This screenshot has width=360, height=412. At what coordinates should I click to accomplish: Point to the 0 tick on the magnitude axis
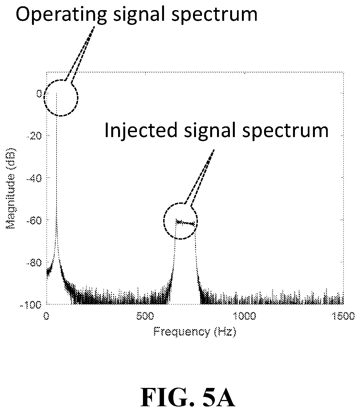coord(39,94)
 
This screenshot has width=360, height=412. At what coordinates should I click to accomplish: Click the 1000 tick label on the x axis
coord(245,316)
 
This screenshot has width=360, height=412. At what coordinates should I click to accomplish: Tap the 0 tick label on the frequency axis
coord(46,316)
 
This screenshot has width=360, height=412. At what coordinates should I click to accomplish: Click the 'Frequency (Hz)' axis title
coord(195,332)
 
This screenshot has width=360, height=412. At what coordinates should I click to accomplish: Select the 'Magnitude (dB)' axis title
coord(11,188)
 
